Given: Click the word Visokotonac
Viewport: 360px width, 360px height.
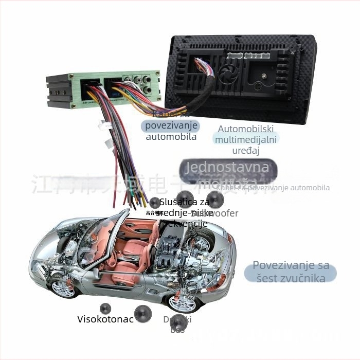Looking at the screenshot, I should (105, 319).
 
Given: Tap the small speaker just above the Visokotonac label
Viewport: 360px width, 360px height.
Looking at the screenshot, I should (105, 309).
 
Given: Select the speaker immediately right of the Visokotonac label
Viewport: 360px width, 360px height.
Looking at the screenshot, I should (142, 313).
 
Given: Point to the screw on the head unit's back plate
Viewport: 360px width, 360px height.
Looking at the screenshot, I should (263, 76).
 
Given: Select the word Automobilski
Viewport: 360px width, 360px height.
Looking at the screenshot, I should (246, 129).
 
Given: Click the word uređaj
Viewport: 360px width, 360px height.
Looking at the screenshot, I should (246, 151).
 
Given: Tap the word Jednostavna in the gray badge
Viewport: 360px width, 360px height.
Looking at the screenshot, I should (227, 167).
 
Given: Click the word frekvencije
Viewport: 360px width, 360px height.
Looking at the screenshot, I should (184, 224).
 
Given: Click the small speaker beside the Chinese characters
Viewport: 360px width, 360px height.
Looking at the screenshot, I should (155, 203).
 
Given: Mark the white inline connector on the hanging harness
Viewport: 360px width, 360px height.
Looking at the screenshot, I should (105, 125).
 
